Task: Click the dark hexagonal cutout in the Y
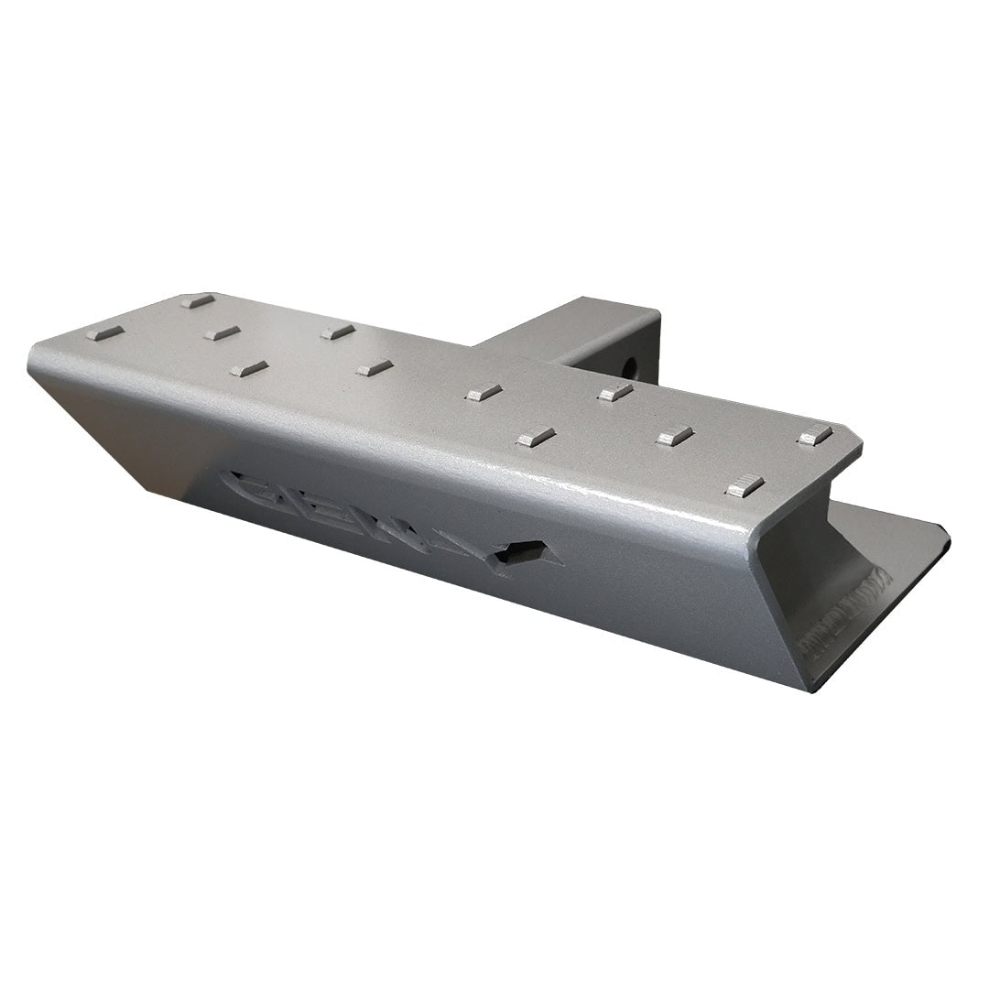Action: tap(519, 553)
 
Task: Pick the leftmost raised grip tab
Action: tap(104, 332)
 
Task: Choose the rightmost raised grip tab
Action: tap(815, 435)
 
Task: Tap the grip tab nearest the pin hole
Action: tap(615, 392)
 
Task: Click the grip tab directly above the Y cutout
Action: tap(536, 437)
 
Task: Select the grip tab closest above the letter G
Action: tap(248, 368)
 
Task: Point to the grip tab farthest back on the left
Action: tap(198, 299)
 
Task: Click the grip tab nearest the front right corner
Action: tap(744, 485)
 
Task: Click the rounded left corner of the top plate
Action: tap(37, 353)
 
